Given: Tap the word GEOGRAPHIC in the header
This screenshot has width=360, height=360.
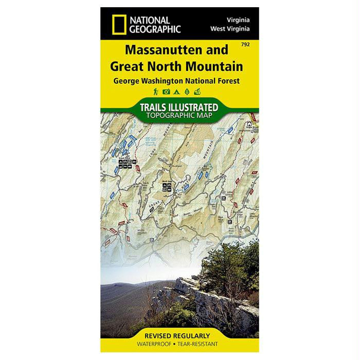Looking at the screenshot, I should click(x=155, y=29).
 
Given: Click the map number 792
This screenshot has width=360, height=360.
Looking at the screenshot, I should click(x=245, y=45).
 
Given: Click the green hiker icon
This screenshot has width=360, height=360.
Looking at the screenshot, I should click(x=155, y=92).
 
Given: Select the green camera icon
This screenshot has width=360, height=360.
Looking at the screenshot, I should click(x=166, y=92).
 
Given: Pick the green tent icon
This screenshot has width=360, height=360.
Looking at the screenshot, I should click(x=176, y=92).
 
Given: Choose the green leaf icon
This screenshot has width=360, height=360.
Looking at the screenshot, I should click(x=186, y=92).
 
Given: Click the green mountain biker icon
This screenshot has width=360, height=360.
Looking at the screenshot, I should click(x=197, y=92).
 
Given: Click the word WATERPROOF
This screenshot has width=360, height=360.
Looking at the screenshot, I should click(x=154, y=343).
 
